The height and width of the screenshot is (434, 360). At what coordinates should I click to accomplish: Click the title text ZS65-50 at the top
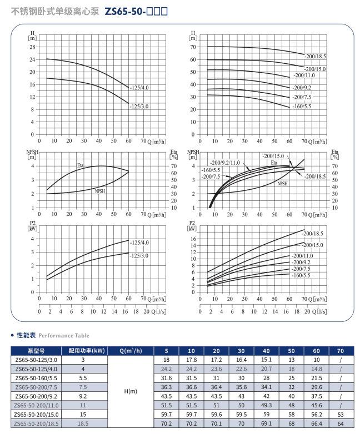coord(125,11)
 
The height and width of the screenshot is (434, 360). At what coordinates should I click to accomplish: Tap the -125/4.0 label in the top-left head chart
coord(140,88)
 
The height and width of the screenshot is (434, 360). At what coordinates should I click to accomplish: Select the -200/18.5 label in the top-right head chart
coord(316,57)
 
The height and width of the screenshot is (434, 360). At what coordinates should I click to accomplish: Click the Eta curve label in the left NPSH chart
coord(81,165)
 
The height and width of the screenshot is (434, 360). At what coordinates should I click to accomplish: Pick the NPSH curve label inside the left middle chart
coord(101,190)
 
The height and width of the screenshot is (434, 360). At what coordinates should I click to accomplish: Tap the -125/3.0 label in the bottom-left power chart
coord(140,255)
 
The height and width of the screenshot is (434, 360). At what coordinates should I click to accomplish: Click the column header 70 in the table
coord(340,351)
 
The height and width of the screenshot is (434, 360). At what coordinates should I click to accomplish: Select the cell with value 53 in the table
coord(340,413)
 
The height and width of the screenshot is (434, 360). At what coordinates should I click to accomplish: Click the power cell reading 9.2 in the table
coord(83,395)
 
